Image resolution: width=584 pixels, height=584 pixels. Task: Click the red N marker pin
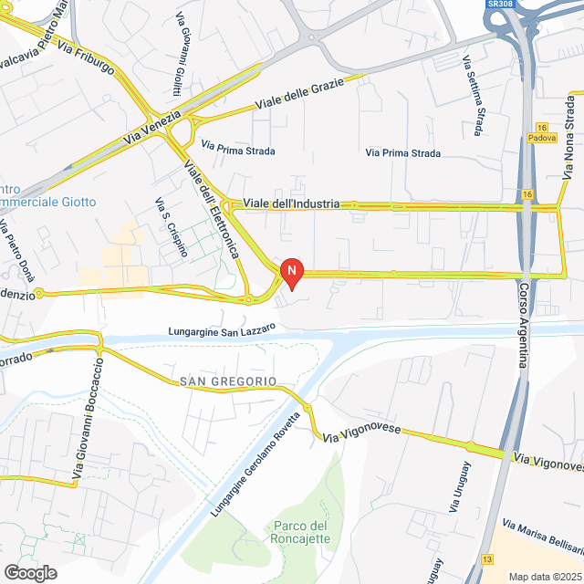pos(291,272)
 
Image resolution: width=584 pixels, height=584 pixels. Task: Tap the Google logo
pos(29,572)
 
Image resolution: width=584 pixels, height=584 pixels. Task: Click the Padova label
pos(541,138)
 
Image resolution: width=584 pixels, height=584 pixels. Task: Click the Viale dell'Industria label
pos(291,203)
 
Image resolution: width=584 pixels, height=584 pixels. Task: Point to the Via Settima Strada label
pos(473,97)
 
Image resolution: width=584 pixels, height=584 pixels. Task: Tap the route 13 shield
pos(488,558)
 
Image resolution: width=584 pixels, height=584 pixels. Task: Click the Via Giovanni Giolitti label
pos(177,65)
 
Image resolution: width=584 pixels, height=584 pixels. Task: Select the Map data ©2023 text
pos(545,576)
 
